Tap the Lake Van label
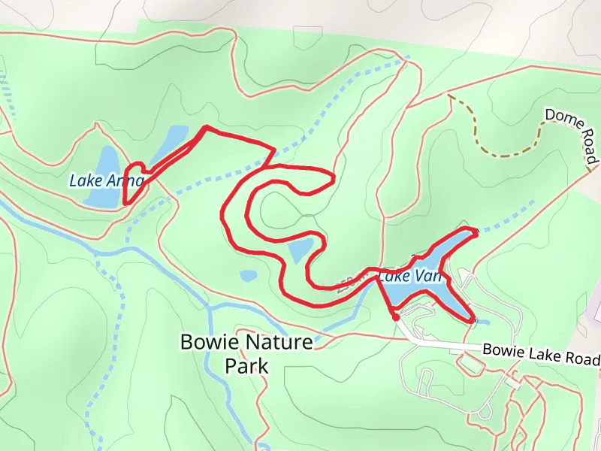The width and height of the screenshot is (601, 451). tap(410, 277)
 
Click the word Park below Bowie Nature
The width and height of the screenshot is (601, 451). tap(246, 366)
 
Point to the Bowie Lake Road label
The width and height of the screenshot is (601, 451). tap(542, 353)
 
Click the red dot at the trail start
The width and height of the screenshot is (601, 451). tap(396, 317)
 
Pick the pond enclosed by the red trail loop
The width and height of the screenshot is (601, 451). tap(300, 251)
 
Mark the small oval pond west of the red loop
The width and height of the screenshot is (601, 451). tap(249, 276)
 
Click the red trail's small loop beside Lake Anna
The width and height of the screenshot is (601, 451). tap(133, 180)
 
